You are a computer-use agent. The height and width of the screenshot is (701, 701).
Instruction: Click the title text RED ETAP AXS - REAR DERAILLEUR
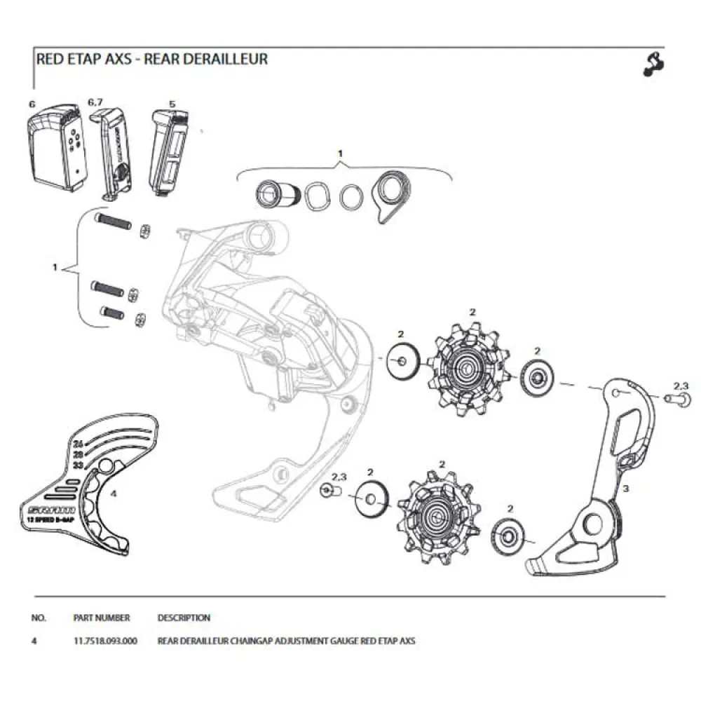click(151, 59)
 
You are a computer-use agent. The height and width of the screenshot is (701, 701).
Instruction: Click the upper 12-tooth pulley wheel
click(466, 366)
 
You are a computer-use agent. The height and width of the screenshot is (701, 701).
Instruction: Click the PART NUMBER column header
click(101, 618)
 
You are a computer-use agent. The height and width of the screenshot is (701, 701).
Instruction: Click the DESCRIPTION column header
click(184, 618)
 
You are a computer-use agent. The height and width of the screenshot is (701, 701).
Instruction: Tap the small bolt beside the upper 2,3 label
click(674, 398)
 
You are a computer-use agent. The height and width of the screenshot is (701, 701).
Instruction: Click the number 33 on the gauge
click(78, 465)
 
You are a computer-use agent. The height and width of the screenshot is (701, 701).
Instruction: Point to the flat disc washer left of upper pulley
click(402, 362)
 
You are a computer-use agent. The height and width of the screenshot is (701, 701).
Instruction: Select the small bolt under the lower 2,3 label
click(327, 490)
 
